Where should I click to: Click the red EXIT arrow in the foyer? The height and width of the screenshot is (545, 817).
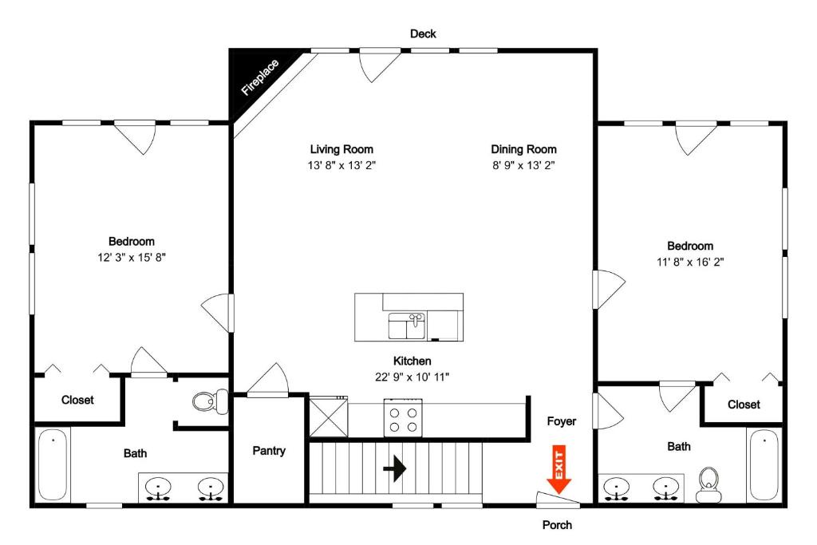point(558,472)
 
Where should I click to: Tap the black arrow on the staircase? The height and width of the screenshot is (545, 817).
point(394,468)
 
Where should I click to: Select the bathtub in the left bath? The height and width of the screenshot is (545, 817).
point(53,465)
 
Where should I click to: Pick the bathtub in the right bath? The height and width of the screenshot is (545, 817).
point(764,465)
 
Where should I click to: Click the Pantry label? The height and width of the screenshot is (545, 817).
point(269,451)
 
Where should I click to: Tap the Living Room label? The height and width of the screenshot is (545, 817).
point(341,149)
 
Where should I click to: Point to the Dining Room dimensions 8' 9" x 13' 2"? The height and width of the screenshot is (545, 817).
point(523,166)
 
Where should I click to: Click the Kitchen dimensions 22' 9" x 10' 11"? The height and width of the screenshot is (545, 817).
point(412,377)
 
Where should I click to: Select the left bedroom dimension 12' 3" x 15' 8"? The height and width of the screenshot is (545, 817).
point(132,258)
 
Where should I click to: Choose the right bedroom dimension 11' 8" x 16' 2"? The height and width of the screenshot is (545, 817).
point(690,262)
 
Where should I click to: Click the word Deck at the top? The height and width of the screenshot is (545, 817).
point(423,34)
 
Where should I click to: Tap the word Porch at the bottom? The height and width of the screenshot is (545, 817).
point(557,525)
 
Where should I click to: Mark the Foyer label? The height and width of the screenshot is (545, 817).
point(562,421)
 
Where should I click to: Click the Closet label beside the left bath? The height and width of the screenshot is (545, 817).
point(77,400)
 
